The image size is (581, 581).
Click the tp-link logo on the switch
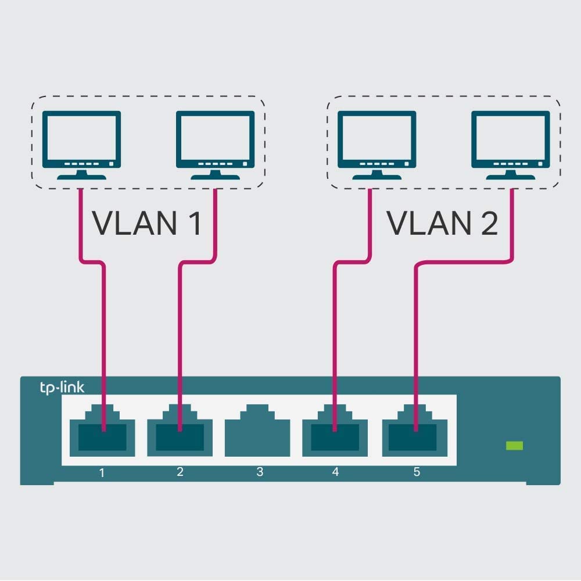62,388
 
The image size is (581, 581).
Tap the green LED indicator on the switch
514,446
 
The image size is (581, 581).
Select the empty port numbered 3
257,431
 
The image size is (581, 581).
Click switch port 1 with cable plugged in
102,432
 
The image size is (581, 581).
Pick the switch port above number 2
180,432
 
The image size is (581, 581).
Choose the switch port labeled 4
335,432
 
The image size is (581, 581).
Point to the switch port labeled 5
415,432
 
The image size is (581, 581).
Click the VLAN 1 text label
147,223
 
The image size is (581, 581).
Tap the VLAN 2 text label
443,223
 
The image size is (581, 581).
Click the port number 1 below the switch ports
102,472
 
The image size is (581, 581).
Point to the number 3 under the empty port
260,472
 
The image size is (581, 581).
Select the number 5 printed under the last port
417,472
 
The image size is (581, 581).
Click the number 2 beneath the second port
180,472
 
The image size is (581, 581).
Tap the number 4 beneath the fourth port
335,472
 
